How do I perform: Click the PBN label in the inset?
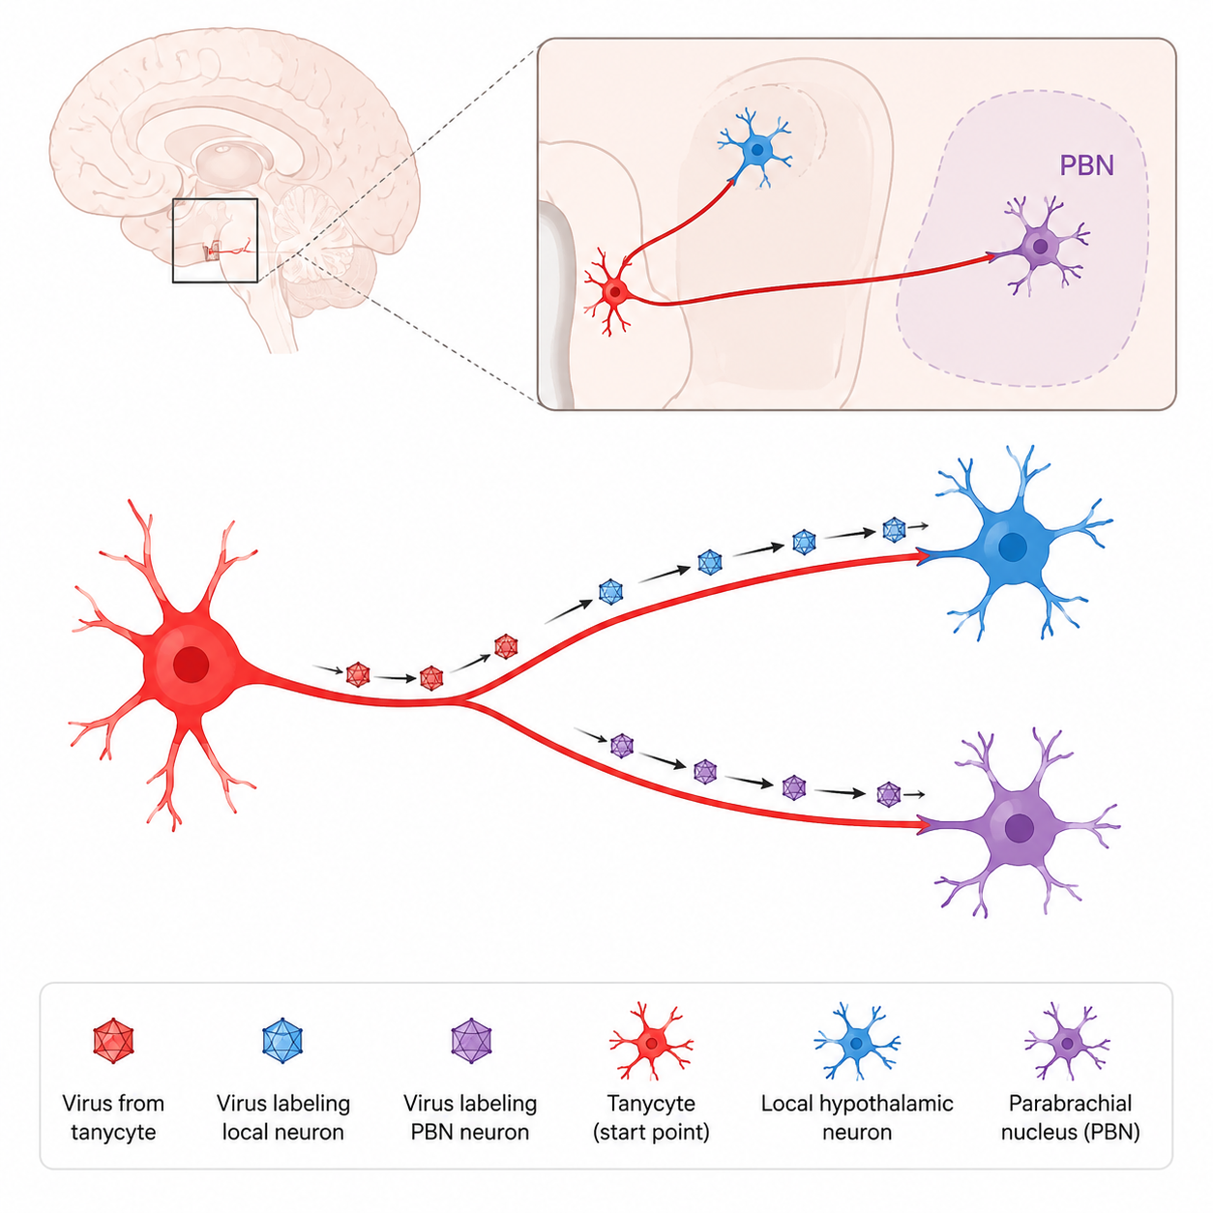[x=1086, y=164]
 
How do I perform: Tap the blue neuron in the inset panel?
[x=756, y=149]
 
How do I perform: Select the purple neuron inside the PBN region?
[x=1041, y=246]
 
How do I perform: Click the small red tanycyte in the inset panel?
[x=613, y=292]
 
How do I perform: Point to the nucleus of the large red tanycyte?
[x=191, y=665]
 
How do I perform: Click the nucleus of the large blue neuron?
[x=1012, y=547]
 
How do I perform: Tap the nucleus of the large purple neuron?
[x=1020, y=828]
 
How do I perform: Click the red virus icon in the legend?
[x=113, y=1041]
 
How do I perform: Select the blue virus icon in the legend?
[x=282, y=1041]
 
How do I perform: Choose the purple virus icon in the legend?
[x=471, y=1041]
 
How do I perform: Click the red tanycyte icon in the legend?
[x=652, y=1042]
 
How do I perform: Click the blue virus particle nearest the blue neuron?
[x=894, y=529]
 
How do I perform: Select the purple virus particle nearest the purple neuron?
[x=888, y=794]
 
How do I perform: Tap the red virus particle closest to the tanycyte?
[x=358, y=674]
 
